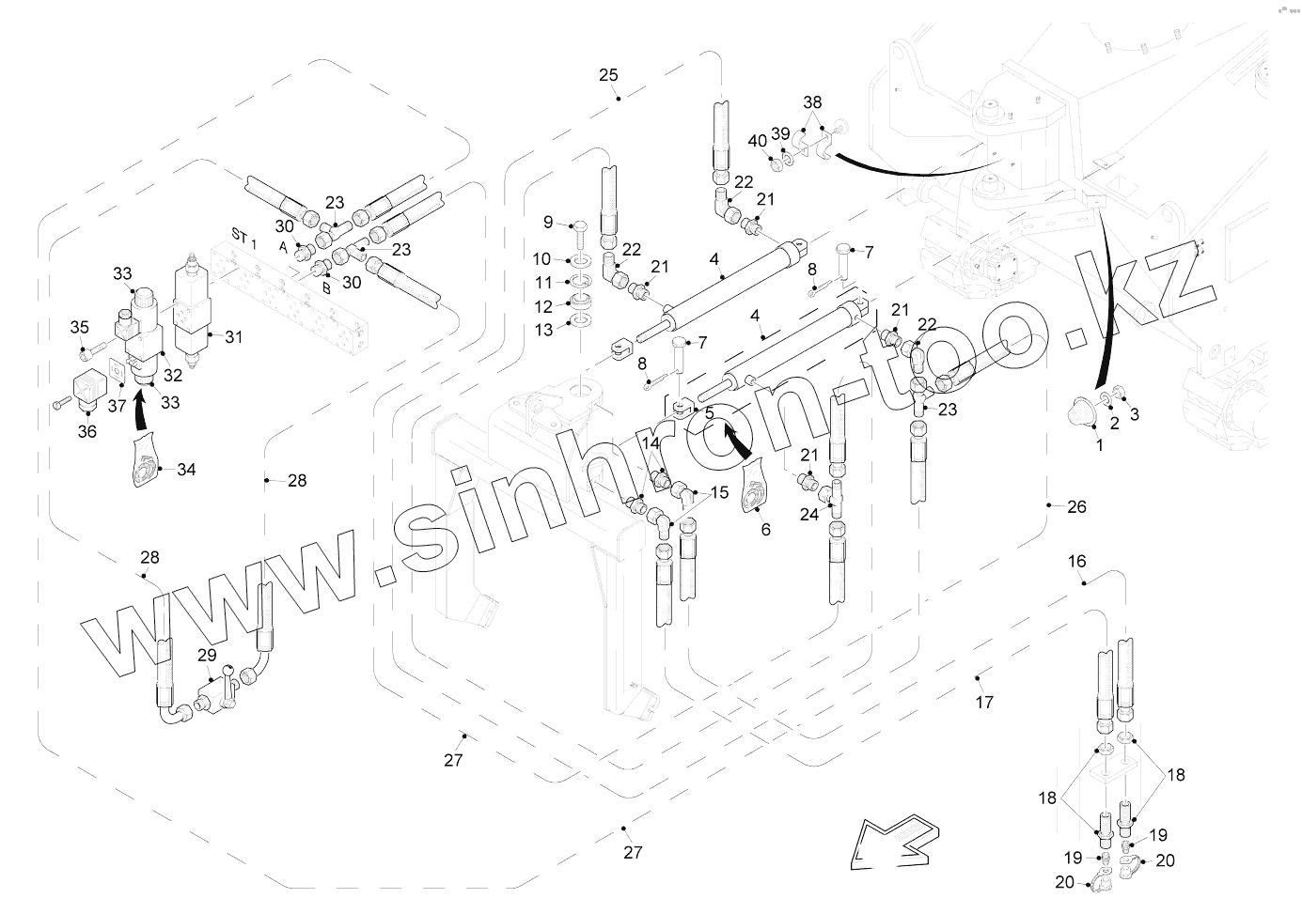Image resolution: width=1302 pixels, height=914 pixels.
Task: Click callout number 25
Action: (x=608, y=74)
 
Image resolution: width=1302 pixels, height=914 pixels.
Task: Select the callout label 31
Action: (x=232, y=337)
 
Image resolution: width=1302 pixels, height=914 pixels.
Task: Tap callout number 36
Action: (x=86, y=432)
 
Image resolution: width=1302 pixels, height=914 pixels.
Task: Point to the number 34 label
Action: (x=186, y=470)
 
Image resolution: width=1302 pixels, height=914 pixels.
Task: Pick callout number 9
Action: (x=548, y=223)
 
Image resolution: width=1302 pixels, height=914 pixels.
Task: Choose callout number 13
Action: (x=544, y=330)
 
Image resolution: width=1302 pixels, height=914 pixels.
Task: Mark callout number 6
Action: (x=765, y=530)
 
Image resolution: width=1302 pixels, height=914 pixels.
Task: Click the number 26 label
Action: (x=1076, y=506)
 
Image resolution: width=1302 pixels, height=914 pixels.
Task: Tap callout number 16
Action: (x=1076, y=561)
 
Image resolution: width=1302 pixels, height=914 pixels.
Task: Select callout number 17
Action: (x=984, y=702)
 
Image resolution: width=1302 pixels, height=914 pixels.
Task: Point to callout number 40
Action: (x=758, y=141)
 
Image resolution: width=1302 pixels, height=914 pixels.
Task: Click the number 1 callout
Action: (x=1100, y=445)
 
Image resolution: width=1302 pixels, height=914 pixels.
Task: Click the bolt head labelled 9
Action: (x=581, y=225)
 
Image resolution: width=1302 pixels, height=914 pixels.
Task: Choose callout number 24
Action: (x=809, y=515)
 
